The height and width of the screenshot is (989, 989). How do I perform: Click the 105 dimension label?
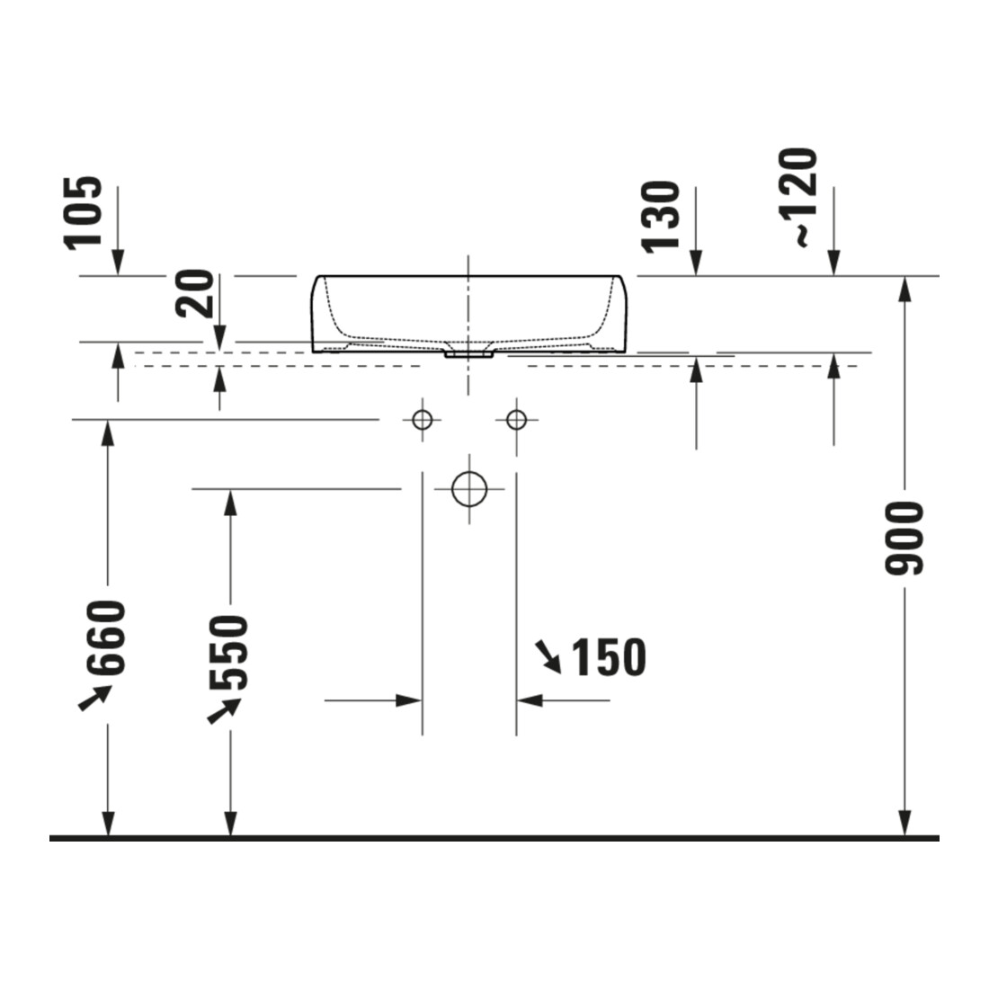tap(83, 213)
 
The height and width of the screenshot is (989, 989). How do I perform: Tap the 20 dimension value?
tap(196, 293)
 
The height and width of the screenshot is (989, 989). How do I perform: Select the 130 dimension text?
tap(661, 218)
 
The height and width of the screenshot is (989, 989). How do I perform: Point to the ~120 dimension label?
tap(797, 198)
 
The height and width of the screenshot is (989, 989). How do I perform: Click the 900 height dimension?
tap(904, 538)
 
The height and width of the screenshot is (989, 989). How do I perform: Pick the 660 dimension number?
tap(107, 637)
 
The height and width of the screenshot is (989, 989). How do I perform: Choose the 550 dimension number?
tap(229, 652)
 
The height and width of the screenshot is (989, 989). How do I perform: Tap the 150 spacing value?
tap(609, 657)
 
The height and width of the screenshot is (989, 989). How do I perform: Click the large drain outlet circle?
tap(469, 489)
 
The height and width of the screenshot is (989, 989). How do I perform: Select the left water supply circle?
tap(422, 420)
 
